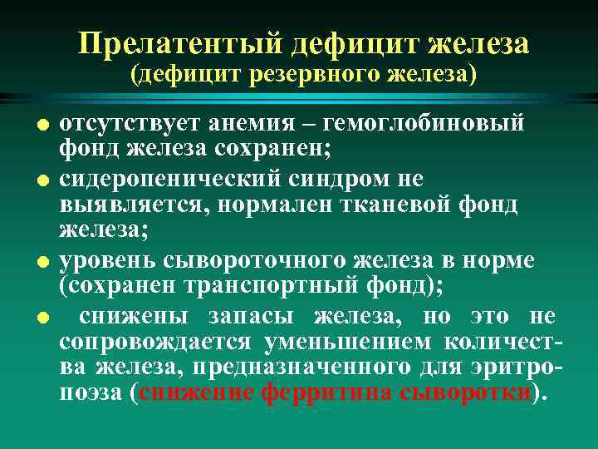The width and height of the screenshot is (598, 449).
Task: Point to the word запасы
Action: click(x=258, y=316)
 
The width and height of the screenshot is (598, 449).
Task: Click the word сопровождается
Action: click(x=157, y=342)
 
